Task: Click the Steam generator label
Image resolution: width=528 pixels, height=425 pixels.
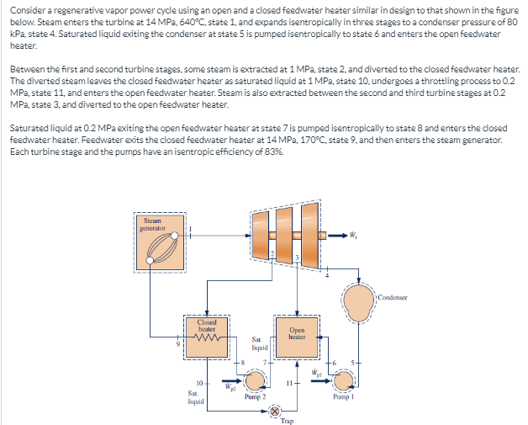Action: click(x=153, y=224)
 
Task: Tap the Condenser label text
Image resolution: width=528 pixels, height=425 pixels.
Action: click(x=393, y=298)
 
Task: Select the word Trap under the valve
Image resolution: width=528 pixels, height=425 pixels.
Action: click(x=288, y=422)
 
